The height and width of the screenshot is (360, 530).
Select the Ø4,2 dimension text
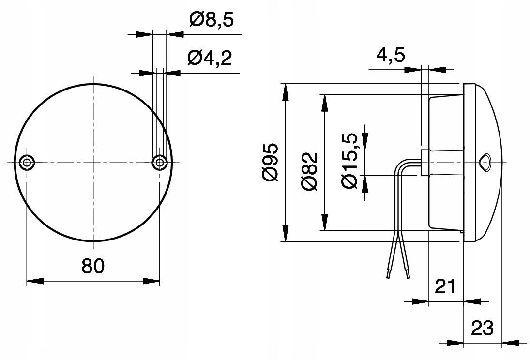(209, 59)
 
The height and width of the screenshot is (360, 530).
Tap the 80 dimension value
(93, 266)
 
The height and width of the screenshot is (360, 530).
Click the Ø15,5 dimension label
(349, 162)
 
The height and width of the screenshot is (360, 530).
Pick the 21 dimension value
(445, 286)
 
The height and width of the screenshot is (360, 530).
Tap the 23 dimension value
(482, 328)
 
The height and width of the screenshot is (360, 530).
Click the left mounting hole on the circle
(27, 163)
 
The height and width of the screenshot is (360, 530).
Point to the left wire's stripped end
(388, 273)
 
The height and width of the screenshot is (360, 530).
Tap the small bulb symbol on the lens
(485, 162)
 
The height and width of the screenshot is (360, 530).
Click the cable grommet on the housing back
(424, 163)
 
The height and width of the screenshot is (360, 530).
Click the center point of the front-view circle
(93, 163)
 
